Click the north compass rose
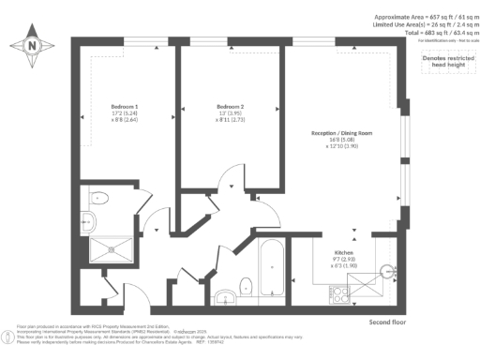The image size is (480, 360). [32, 44]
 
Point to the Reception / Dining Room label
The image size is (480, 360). [341, 134]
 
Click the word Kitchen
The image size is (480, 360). [343, 252]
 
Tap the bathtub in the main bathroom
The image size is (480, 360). [271, 269]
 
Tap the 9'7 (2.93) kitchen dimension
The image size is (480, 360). [343, 259]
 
